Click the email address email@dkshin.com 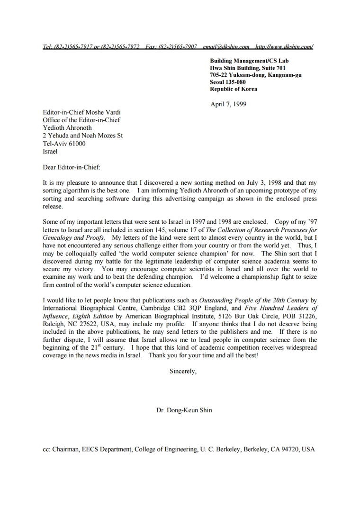(x=226, y=47)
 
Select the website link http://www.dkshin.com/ (x=284, y=47)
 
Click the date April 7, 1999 (x=228, y=104)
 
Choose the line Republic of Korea (x=234, y=89)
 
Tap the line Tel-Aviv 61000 (x=64, y=144)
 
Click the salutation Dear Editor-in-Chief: (x=72, y=167)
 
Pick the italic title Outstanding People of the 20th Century (x=253, y=300)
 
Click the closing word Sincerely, (x=183, y=371)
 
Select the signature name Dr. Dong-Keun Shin (x=184, y=410)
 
